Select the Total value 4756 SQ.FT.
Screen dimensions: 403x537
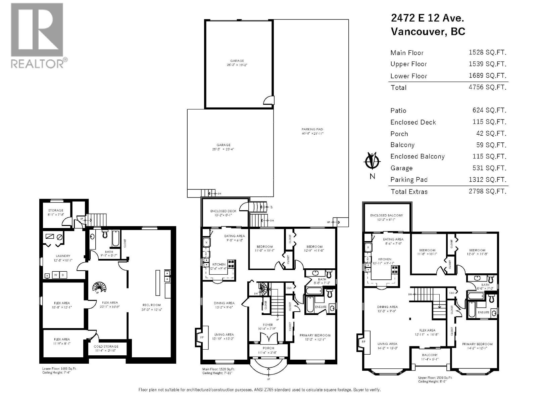[x=487, y=87]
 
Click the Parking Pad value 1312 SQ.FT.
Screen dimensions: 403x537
[x=487, y=180]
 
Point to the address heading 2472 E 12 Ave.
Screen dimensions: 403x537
[x=428, y=18]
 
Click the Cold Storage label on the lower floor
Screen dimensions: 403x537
[x=106, y=346]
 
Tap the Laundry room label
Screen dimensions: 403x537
[x=63, y=256]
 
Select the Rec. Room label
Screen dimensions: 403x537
[x=151, y=305]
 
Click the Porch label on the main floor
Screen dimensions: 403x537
[x=268, y=348]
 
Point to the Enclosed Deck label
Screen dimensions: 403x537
[x=223, y=211]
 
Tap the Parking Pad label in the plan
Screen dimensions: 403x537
[x=312, y=129]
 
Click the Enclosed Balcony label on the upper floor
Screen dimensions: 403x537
[x=387, y=215]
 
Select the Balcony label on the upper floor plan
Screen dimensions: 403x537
[x=430, y=355]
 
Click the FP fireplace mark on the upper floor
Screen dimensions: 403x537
[x=363, y=342]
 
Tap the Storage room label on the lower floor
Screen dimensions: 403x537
[x=56, y=210]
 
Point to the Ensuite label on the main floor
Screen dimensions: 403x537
[x=321, y=306]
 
